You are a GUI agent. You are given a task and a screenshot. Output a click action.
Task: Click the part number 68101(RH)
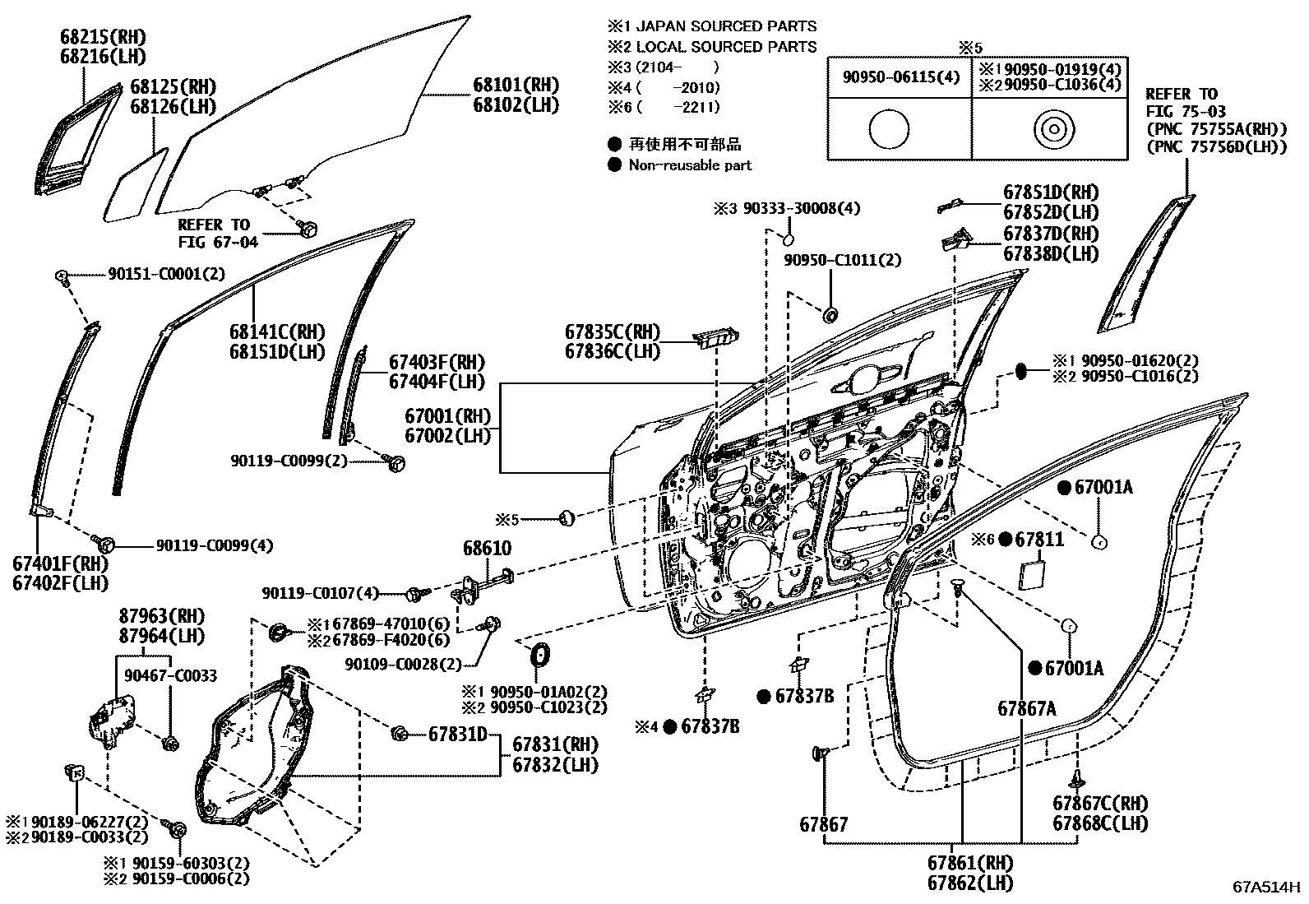515,85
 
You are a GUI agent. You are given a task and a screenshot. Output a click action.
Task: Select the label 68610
487,548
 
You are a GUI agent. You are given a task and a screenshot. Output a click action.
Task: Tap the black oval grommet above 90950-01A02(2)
539,656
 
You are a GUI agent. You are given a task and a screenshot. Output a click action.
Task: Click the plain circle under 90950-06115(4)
889,130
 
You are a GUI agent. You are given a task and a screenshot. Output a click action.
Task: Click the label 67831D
457,734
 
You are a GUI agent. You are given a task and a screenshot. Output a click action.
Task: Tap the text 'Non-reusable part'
690,165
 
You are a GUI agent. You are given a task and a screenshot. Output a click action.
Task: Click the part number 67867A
1027,707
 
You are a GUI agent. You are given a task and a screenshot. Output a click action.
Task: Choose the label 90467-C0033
171,675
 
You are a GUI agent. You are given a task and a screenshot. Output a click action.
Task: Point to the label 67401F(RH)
61,564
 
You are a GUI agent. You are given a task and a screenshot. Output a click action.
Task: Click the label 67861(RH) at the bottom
970,863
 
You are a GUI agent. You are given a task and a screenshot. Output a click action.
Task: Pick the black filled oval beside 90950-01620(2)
1021,370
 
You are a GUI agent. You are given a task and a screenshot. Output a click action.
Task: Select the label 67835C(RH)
612,331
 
